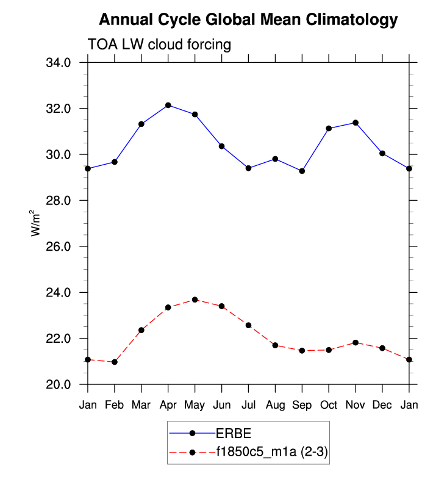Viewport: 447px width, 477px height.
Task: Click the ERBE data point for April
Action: pos(168,105)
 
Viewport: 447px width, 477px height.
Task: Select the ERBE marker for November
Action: pos(356,123)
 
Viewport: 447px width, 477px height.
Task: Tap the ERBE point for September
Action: pos(302,171)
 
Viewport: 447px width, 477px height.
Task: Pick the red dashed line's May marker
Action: pos(195,299)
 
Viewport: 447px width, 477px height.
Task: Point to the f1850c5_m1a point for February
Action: pos(114,362)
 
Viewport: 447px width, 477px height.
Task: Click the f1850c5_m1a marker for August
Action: pos(275,345)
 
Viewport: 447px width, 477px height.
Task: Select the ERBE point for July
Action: pos(248,168)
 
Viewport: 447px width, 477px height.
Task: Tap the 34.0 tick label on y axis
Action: pos(59,63)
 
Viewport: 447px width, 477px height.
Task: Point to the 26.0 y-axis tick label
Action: pos(59,246)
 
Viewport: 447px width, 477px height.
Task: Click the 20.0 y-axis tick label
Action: pos(59,385)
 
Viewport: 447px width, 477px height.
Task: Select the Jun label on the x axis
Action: pos(221,405)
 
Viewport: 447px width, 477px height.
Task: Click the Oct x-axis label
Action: pos(329,405)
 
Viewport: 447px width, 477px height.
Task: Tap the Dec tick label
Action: pos(382,405)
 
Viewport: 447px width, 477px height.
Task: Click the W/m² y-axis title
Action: pos(36,223)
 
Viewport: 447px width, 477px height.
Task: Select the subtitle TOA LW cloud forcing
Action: pos(160,44)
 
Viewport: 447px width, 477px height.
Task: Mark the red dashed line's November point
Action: pos(356,343)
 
